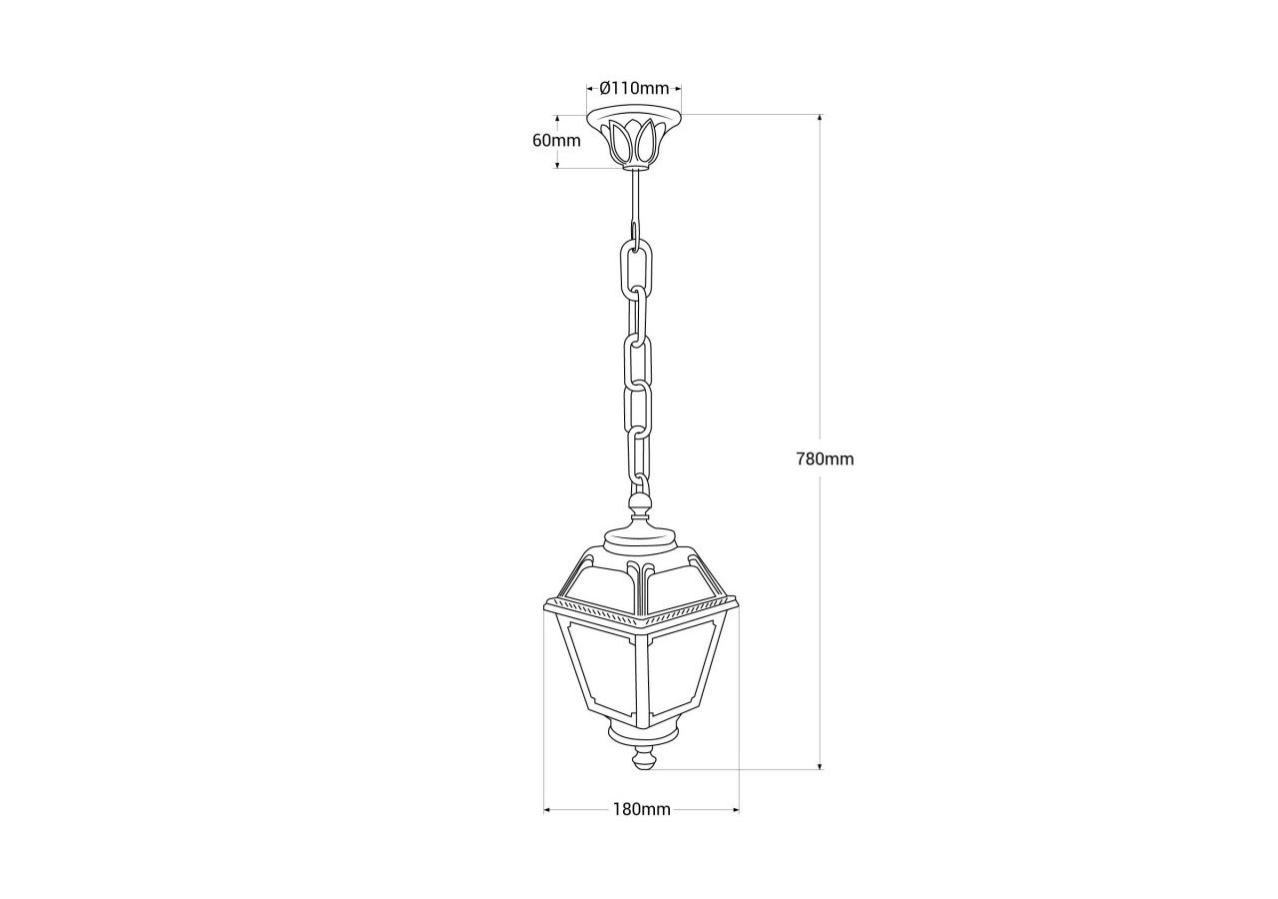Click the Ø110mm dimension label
pos(634,88)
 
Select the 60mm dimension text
pos(556,140)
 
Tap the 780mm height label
pos(825,459)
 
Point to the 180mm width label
pos(641,809)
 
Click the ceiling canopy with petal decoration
pos(634,138)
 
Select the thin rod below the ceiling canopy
pos(632,200)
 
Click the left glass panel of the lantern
pos(597,664)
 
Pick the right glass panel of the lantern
pos(686,664)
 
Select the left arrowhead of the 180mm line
pos(548,809)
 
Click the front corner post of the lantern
pos(641,679)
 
